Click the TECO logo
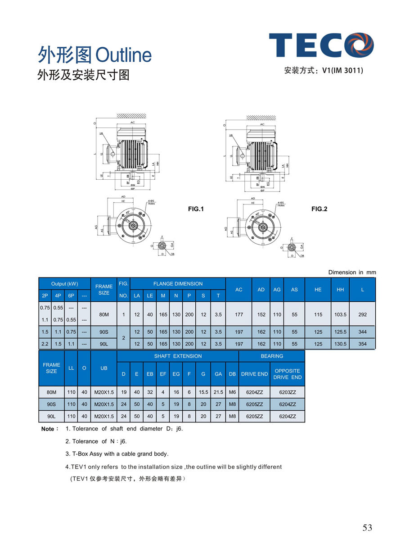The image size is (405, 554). click(x=321, y=45)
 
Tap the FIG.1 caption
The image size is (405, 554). click(x=196, y=209)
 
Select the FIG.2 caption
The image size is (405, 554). click(x=319, y=209)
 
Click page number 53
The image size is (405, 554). click(x=367, y=527)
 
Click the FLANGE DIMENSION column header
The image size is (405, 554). click(x=178, y=284)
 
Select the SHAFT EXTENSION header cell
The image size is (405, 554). click(x=178, y=356)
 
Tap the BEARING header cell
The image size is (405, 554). click(x=272, y=356)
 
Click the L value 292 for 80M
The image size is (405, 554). click(x=362, y=314)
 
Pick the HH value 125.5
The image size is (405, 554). click(x=340, y=332)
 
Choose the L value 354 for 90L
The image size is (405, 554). click(x=362, y=344)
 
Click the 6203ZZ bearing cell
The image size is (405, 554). click(x=287, y=392)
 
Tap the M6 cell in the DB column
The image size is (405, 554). click(x=232, y=392)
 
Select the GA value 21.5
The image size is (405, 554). click(x=218, y=392)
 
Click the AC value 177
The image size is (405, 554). click(x=238, y=314)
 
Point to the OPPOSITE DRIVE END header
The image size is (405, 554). click(x=287, y=374)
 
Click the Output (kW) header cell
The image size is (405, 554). click(x=64, y=284)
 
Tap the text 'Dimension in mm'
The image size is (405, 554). click(x=351, y=272)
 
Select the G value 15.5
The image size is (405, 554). click(x=203, y=392)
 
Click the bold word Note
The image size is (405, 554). click(x=48, y=429)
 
